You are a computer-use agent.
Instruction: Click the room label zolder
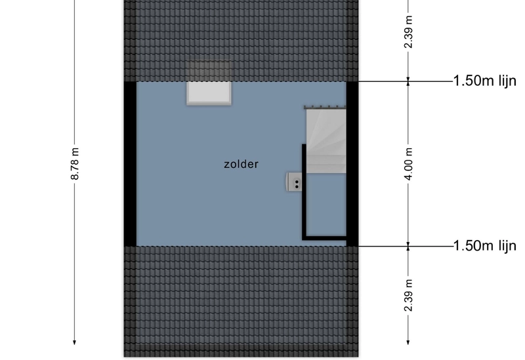pyautogui.click(x=241, y=165)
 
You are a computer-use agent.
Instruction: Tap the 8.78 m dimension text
pyautogui.click(x=75, y=163)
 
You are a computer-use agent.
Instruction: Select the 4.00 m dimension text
pyautogui.click(x=408, y=163)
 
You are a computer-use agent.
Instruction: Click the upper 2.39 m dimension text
pyautogui.click(x=408, y=31)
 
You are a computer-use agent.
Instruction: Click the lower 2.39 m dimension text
pyautogui.click(x=408, y=295)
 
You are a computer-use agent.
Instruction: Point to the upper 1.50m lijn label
pyautogui.click(x=484, y=81)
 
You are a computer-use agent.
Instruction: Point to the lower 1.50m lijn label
pyautogui.click(x=484, y=246)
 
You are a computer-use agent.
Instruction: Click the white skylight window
pyautogui.click(x=209, y=93)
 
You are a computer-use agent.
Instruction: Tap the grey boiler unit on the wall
pyautogui.click(x=294, y=182)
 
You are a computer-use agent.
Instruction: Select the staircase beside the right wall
pyautogui.click(x=326, y=141)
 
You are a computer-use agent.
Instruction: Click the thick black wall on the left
pyautogui.click(x=130, y=164)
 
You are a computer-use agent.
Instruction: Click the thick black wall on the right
pyautogui.click(x=352, y=164)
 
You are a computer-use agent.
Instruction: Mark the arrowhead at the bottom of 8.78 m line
pyautogui.click(x=74, y=342)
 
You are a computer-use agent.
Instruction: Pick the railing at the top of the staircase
pyautogui.click(x=325, y=107)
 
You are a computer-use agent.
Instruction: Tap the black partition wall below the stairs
pyautogui.click(x=304, y=192)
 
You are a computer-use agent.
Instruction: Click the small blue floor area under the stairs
pyautogui.click(x=326, y=205)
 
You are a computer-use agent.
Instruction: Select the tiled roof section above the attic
pyautogui.click(x=241, y=41)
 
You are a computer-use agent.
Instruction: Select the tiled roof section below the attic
pyautogui.click(x=241, y=302)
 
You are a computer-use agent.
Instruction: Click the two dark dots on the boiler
pyautogui.click(x=297, y=184)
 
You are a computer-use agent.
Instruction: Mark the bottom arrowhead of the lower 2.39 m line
pyautogui.click(x=408, y=342)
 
